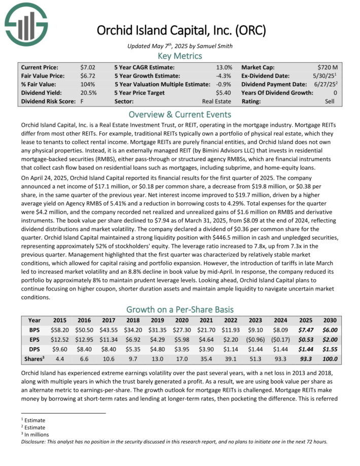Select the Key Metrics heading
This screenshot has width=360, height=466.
pos(180,56)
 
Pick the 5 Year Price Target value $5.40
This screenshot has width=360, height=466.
pos(224,93)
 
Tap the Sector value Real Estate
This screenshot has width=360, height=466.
pos(219,101)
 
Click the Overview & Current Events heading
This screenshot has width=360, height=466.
pos(180,115)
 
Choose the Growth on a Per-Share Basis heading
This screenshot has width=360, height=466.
pos(180,309)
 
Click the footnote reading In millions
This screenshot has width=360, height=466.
pos(35,435)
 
